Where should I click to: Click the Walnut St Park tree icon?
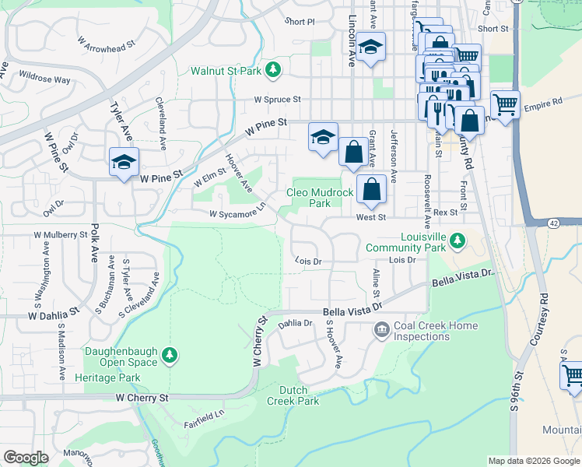coord(272,71)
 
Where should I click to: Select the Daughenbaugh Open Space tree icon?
coord(170,356)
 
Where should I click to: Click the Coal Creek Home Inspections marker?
coord(382,331)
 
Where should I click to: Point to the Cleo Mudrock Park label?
coord(309,198)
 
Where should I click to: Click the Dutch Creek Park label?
coord(293,395)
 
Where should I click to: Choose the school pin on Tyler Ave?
coord(124,162)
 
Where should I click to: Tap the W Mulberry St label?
coord(61,233)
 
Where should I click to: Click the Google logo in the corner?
coord(26,458)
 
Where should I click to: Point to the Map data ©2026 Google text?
coord(533,461)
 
